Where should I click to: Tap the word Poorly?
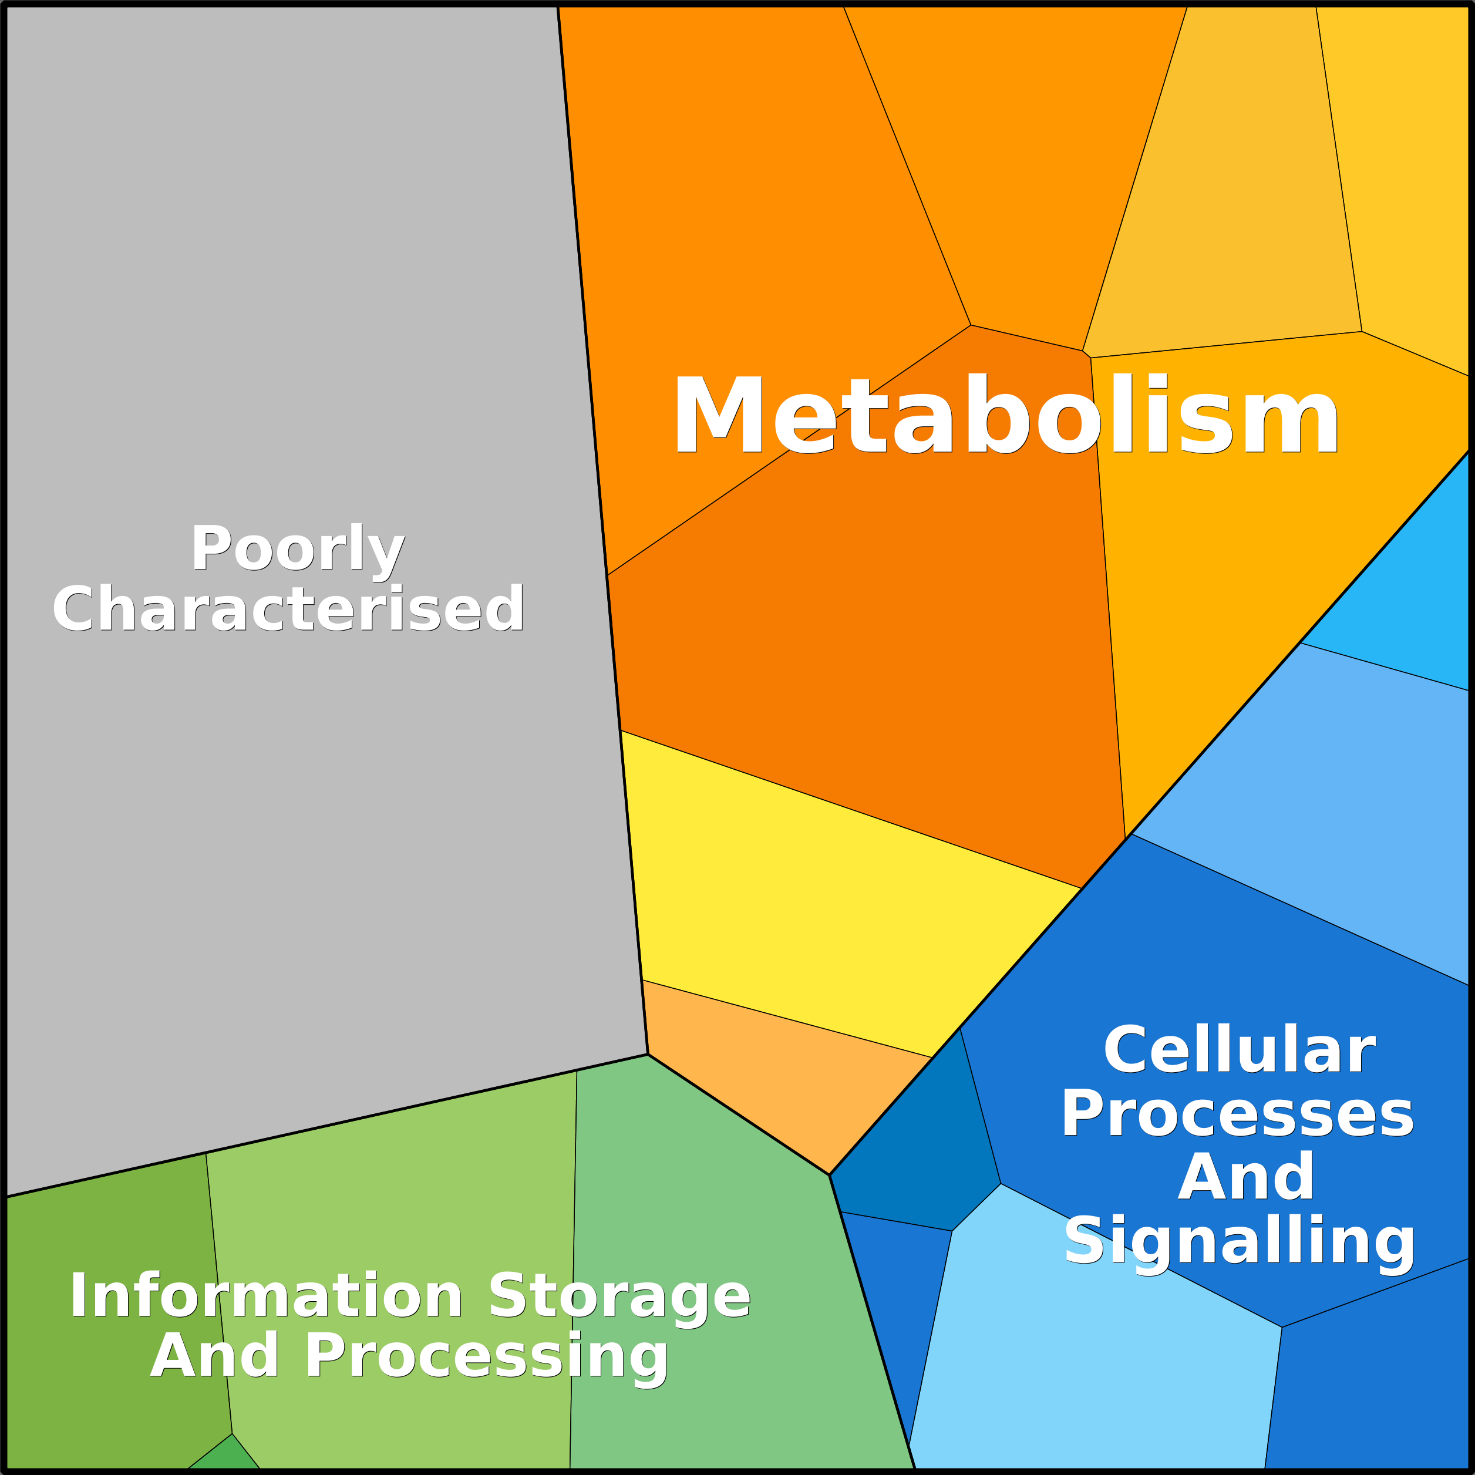click(298, 549)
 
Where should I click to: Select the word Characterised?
click(288, 609)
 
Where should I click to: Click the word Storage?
click(619, 1296)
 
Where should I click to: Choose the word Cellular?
click(1239, 1051)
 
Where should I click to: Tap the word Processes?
click(1238, 1114)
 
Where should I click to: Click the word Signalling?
click(1239, 1242)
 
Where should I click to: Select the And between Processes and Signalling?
click(1246, 1178)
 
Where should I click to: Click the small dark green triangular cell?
click(227, 1457)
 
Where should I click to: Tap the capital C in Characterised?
click(73, 609)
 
